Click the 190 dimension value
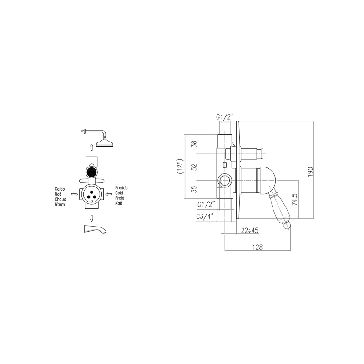(311, 172)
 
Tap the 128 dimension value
(258, 247)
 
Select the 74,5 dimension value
(294, 199)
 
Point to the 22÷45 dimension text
(249, 231)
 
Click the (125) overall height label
(180, 166)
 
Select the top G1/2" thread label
(225, 117)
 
